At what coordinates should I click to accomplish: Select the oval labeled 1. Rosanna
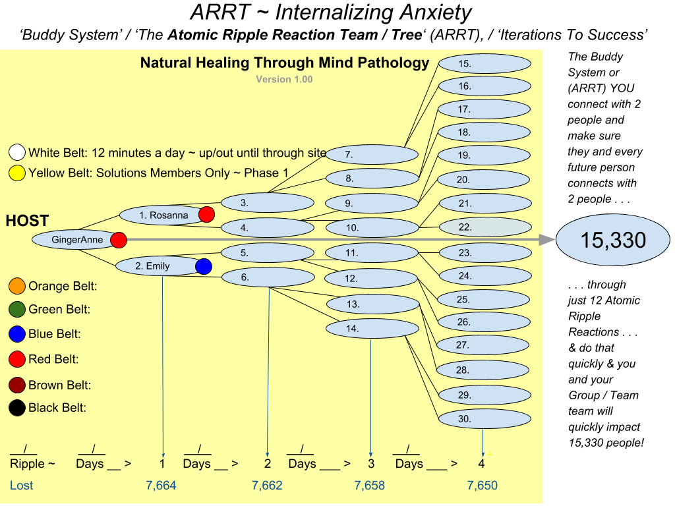point(161,215)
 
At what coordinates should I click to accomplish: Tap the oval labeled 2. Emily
point(156,266)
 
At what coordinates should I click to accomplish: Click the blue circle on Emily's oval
point(204,266)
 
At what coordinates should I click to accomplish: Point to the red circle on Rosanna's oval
point(207,214)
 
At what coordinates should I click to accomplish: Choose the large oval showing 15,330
point(613,240)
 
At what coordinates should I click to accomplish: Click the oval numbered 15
point(484,64)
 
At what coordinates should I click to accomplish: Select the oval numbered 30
point(484,418)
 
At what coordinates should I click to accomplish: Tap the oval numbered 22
point(484,227)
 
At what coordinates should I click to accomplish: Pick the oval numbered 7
point(372,155)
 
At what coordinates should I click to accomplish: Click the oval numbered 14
point(372,328)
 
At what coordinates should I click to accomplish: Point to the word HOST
point(27,221)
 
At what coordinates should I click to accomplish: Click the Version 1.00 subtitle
point(284,80)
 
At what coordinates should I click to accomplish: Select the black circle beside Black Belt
point(17,408)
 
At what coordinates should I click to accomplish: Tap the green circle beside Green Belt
point(17,309)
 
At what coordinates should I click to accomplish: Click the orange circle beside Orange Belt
point(17,286)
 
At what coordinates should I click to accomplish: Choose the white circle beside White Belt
point(17,153)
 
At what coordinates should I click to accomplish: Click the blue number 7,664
point(161,486)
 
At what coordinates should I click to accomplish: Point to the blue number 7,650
point(483,486)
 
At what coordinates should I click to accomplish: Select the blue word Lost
point(21,486)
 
